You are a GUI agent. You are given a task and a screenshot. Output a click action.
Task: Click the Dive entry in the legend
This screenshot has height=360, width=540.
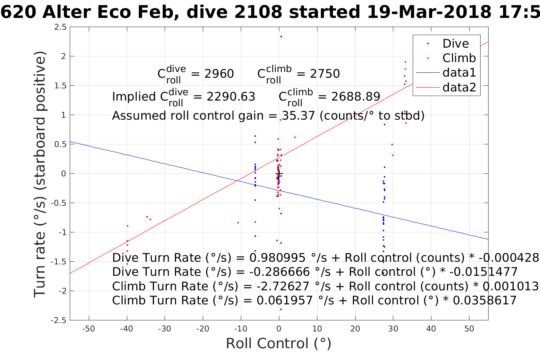click(455, 43)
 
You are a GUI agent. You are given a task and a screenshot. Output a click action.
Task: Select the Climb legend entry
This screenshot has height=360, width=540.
click(459, 58)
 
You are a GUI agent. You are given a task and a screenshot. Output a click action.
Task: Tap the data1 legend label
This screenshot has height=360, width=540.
click(459, 72)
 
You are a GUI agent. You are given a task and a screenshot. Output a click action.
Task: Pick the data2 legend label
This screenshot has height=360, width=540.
click(459, 87)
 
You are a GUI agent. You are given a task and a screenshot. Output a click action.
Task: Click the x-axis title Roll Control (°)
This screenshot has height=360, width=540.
click(279, 343)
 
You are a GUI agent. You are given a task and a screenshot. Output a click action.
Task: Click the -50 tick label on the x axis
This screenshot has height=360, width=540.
click(88, 329)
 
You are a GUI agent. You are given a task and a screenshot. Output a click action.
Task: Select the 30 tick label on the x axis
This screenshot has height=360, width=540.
click(393, 329)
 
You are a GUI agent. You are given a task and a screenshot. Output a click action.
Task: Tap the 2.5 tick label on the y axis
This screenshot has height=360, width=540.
click(60, 27)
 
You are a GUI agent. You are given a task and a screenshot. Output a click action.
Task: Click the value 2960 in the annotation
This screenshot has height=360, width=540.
click(219, 74)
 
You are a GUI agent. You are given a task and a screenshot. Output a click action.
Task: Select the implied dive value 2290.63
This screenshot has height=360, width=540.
click(231, 97)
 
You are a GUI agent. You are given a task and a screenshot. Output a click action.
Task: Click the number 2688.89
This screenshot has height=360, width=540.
click(356, 97)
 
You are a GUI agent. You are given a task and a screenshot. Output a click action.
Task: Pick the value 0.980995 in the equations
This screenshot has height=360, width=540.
click(277, 258)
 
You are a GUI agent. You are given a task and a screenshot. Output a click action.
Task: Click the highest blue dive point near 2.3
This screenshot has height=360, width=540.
click(281, 37)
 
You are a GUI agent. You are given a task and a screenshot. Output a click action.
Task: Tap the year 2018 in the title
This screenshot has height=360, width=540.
click(468, 12)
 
